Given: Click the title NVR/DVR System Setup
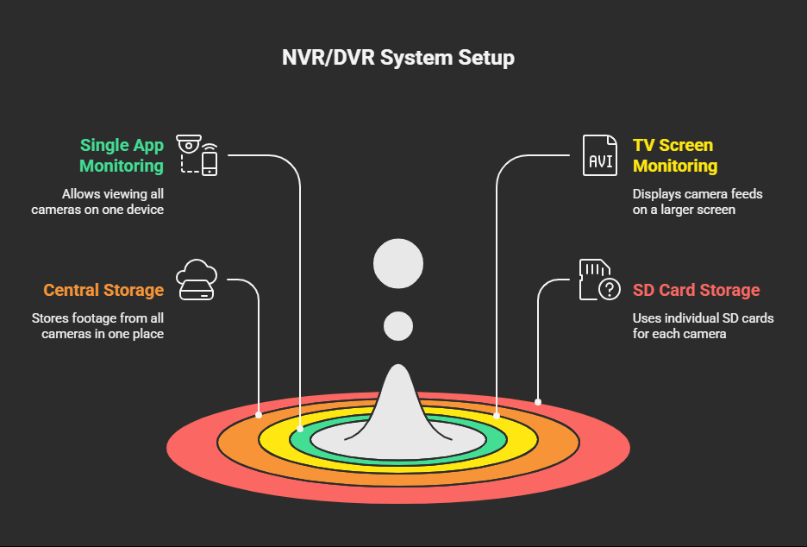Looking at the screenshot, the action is click(x=397, y=57).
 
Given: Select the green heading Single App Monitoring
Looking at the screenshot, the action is click(x=122, y=155).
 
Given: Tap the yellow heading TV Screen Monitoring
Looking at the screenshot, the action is click(x=675, y=155).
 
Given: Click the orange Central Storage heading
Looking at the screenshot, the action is click(x=103, y=290).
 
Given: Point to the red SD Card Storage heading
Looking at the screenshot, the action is click(x=696, y=290).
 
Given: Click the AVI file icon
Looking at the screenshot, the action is click(x=599, y=155).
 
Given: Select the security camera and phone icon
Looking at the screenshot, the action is click(x=197, y=155).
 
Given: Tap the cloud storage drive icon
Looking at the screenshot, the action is click(x=196, y=280).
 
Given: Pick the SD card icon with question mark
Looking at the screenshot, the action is click(x=599, y=280).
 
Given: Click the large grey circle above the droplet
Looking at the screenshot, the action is click(x=397, y=264).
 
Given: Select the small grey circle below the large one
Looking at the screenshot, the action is click(x=397, y=326).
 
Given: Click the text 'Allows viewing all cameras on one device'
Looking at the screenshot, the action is click(x=97, y=202).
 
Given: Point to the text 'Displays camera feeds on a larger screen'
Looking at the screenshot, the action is click(x=698, y=202).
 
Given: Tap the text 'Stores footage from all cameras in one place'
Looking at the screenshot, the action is click(x=97, y=326).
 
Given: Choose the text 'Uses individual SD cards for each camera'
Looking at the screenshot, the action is click(x=703, y=326).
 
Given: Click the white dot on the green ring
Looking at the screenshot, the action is click(x=300, y=429).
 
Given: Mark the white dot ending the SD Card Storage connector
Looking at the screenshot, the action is click(x=538, y=402).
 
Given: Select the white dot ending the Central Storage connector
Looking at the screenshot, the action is click(x=259, y=415).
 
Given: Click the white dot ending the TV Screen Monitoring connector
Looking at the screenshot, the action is click(x=496, y=415).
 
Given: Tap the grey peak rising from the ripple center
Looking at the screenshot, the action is click(x=397, y=407).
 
